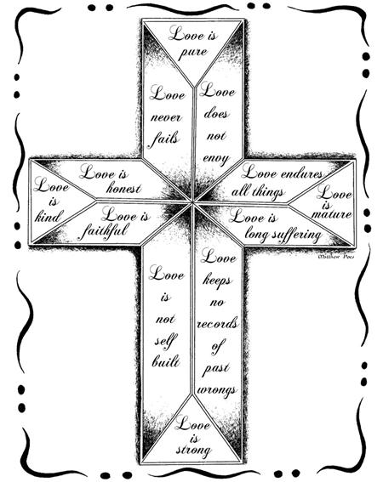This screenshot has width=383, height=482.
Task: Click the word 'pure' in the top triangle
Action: point(193,53)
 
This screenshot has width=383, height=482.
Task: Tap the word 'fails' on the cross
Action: point(164,139)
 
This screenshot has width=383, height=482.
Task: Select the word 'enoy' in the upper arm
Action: point(216,159)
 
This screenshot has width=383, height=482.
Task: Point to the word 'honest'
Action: point(123,188)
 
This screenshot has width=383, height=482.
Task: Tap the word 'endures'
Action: point(302,174)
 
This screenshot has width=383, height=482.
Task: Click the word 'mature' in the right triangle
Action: point(331,213)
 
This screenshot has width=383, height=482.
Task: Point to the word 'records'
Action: point(218,324)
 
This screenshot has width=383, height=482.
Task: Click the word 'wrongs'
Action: point(217,391)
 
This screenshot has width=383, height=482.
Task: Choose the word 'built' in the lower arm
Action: point(166,361)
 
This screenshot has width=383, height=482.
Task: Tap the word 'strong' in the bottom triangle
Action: point(193,450)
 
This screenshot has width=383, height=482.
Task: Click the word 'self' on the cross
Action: point(165,341)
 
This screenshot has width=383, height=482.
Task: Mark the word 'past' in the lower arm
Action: point(216,369)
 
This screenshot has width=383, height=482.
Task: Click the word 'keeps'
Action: point(217,281)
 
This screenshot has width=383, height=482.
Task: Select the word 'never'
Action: point(166,117)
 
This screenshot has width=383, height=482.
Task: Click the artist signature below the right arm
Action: point(335,256)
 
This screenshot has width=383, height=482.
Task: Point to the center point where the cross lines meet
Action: point(192,202)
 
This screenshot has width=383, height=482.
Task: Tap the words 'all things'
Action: point(257,192)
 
